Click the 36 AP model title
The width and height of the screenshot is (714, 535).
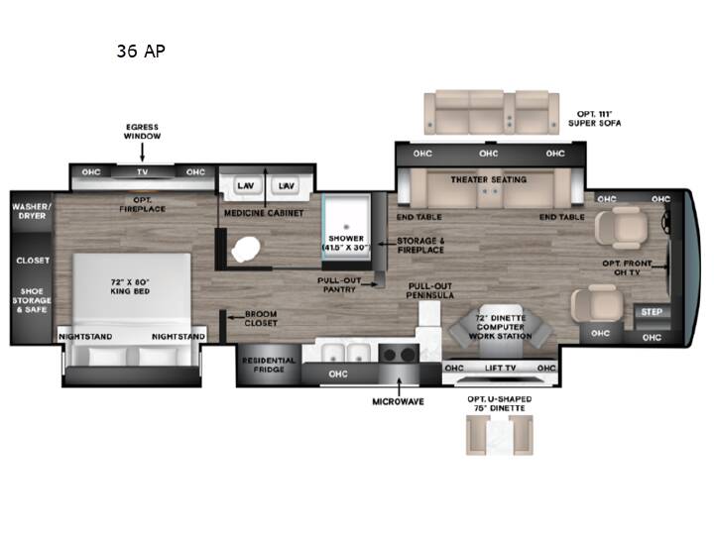[141, 51]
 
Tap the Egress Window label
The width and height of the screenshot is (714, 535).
[142, 132]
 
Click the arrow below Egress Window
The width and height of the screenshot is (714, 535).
[142, 153]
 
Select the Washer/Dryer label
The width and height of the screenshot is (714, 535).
[32, 211]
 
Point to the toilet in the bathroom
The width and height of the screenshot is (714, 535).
[246, 249]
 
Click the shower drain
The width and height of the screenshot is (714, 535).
[346, 227]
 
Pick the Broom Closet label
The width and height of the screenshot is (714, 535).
[261, 318]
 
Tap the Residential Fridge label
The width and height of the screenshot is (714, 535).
[269, 365]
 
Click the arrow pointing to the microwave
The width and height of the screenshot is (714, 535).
[399, 386]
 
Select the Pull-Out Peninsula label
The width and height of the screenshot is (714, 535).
[429, 290]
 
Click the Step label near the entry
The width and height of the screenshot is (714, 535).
[652, 312]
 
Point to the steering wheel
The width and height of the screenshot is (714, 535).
[665, 221]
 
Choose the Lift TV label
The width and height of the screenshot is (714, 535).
[500, 368]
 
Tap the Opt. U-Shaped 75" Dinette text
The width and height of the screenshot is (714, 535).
[500, 403]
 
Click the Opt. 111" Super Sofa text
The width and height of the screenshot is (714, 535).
[594, 118]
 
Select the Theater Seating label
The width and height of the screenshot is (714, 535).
[489, 179]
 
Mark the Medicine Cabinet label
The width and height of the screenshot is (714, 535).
[264, 213]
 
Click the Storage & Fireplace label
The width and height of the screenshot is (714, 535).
[420, 246]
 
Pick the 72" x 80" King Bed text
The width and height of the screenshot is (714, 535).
[130, 286]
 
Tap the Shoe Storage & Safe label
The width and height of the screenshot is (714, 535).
[32, 300]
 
